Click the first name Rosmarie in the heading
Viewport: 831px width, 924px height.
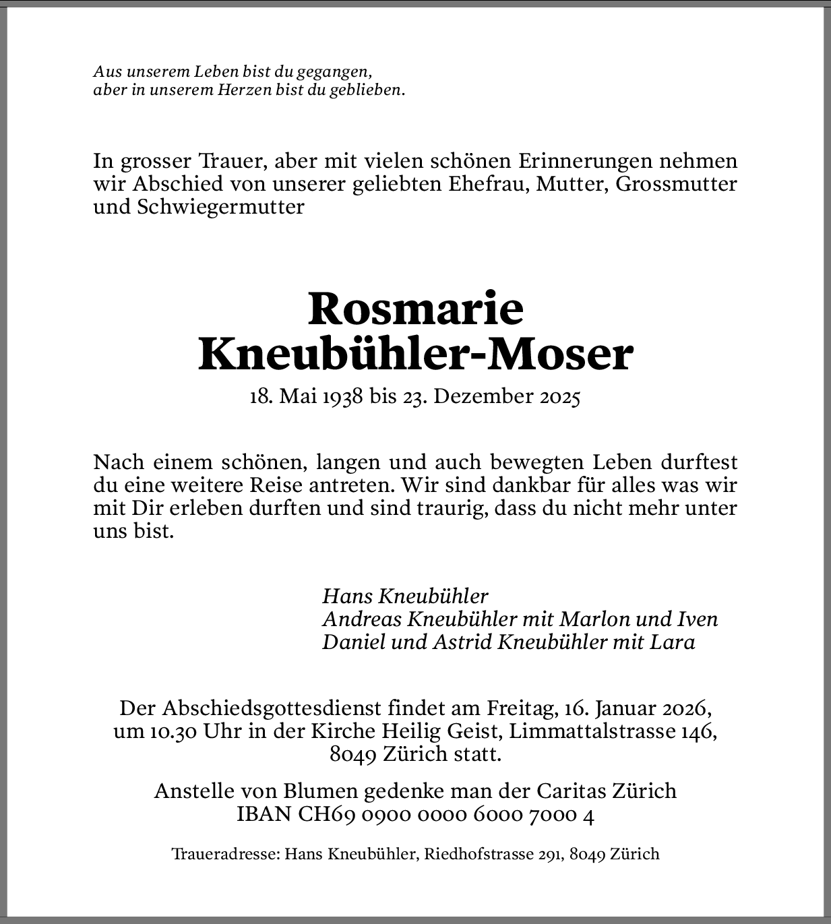415,309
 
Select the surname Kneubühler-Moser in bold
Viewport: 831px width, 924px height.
415,355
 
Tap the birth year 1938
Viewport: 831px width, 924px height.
343,396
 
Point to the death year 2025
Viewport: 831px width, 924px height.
559,396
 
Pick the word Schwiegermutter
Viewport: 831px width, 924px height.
220,207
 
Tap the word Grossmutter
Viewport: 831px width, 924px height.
676,184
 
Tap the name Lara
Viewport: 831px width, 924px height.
672,642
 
